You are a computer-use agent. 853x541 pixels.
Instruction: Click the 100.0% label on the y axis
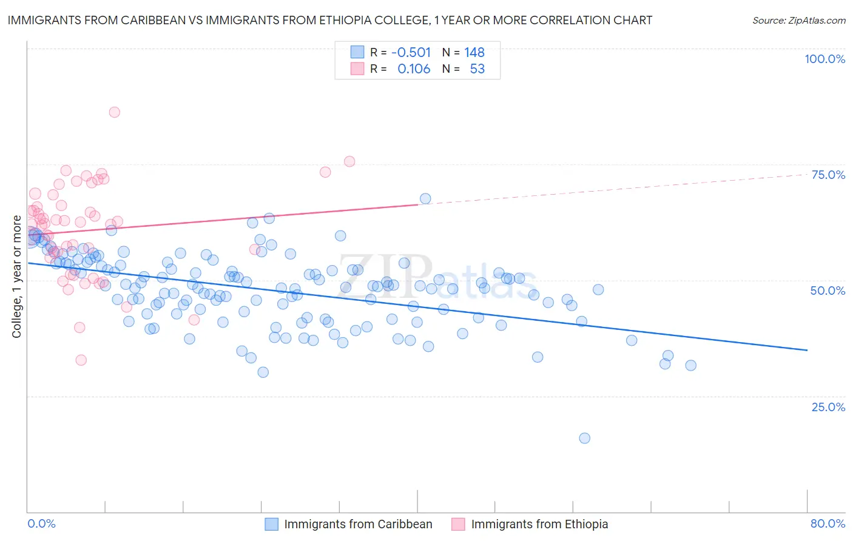click(824, 59)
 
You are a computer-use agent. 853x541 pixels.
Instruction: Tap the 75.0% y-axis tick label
click(828, 175)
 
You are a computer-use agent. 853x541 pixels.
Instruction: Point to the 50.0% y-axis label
click(828, 291)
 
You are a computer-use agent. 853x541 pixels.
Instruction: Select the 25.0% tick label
click(828, 406)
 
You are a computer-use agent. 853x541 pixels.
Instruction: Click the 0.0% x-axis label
click(41, 523)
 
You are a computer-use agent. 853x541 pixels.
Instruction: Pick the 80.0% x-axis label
click(828, 523)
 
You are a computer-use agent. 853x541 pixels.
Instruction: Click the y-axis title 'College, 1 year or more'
click(17, 277)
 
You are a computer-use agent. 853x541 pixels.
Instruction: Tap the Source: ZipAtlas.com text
click(798, 20)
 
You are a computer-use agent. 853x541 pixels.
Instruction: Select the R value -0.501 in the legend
click(411, 52)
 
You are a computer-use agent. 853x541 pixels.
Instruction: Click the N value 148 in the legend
click(474, 52)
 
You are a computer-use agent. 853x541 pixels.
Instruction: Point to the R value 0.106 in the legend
click(414, 69)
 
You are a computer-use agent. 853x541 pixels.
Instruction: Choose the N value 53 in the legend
click(477, 69)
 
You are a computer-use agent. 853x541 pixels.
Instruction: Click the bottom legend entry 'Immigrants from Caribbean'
click(358, 524)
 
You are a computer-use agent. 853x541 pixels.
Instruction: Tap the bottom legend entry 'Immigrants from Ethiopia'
click(539, 524)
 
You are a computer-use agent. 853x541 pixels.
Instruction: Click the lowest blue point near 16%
click(584, 438)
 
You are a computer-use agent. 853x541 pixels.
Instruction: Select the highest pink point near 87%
click(114, 112)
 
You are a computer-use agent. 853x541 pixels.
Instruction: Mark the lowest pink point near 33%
click(81, 360)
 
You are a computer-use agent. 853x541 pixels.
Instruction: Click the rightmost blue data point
click(690, 365)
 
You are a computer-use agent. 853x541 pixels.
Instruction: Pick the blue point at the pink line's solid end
click(425, 199)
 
